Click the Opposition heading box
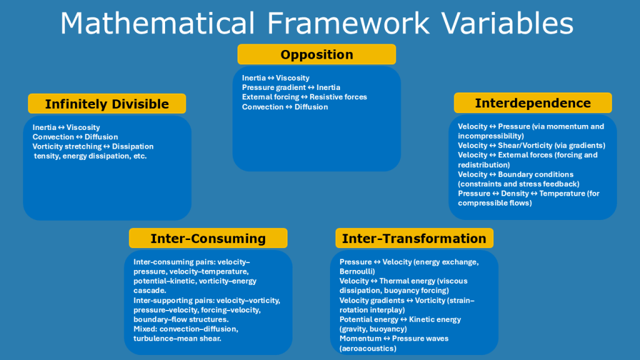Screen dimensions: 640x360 tap(317, 54)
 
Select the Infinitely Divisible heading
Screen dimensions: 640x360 tap(107, 104)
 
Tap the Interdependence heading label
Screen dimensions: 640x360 tap(532, 103)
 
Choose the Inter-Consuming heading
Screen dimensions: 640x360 tap(208, 238)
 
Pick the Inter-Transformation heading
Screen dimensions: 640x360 tap(414, 238)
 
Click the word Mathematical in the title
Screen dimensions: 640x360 tap(157, 23)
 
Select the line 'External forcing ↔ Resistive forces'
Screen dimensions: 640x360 tap(304, 97)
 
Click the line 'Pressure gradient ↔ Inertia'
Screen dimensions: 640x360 tap(291, 87)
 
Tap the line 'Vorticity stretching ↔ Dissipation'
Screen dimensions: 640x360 tap(93, 146)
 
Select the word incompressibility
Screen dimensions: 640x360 tap(491, 136)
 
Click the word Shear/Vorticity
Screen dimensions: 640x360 tap(525, 145)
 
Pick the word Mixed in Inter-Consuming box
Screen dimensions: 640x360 tap(145, 329)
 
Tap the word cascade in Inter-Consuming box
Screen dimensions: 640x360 tap(150, 291)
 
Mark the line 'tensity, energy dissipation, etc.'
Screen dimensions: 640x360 tap(90, 156)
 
